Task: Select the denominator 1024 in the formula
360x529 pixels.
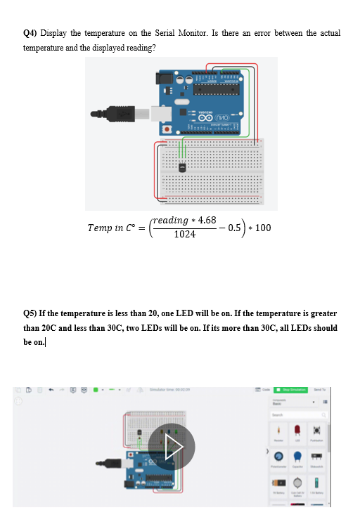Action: pos(184,235)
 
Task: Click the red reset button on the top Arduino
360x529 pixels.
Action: pos(167,130)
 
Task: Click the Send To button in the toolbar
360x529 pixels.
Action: pos(319,390)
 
